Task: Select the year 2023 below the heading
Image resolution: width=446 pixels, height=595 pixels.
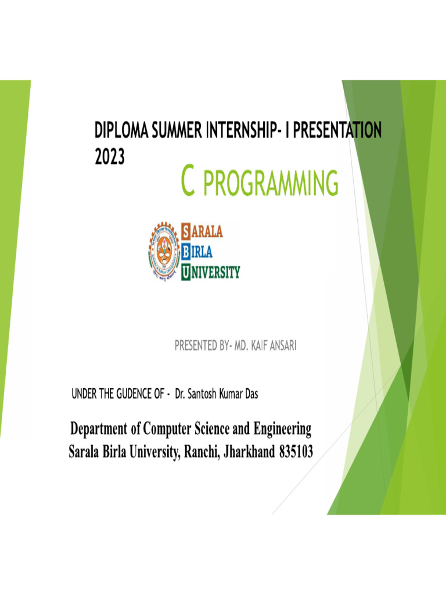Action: tap(109, 157)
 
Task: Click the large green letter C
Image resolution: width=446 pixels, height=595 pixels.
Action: tap(187, 181)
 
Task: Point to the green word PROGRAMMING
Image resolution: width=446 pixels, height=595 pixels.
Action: tap(271, 183)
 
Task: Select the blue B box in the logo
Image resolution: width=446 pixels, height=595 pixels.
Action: tap(186, 252)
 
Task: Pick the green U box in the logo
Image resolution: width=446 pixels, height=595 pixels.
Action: tap(186, 271)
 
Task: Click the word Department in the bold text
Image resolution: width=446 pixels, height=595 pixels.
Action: tap(98, 431)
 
